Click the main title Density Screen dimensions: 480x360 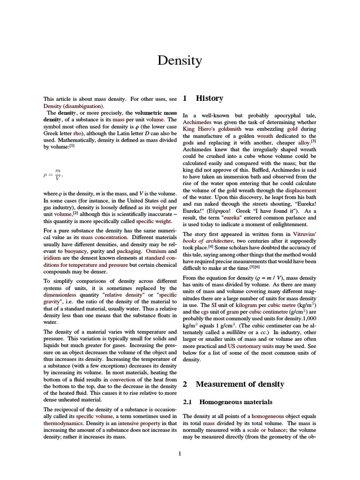tap(180, 60)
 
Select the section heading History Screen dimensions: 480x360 tap(210, 98)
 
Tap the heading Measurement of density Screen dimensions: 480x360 tap(240, 384)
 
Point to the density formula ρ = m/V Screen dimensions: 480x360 tap(52, 174)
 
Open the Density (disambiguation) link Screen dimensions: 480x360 tap(73, 106)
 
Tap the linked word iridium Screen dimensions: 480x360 tap(52, 258)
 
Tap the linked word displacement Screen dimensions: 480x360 tap(300, 191)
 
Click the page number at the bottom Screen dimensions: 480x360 tap(180, 453)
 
